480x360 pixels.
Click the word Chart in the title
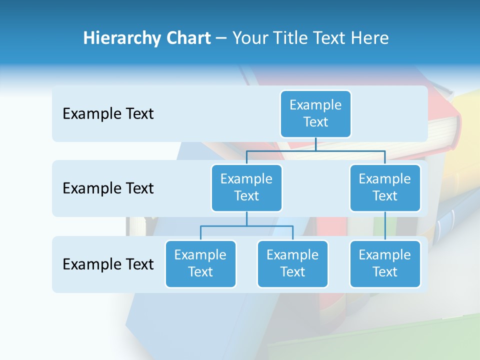point(188,38)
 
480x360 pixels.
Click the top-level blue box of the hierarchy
point(315,113)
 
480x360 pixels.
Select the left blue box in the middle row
point(246,187)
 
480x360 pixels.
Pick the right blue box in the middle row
point(385,187)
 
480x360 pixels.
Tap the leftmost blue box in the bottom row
point(200,263)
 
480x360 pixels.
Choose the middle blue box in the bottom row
point(292,263)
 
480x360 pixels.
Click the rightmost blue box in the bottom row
point(385,263)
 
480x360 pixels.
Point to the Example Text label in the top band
point(108,114)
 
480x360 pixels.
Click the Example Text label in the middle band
point(108,188)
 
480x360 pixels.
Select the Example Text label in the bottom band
point(108,264)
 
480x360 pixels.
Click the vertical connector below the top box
point(315,143)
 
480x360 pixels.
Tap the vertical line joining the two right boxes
point(385,226)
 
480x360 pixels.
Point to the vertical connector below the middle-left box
point(246,218)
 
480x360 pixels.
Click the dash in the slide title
point(221,38)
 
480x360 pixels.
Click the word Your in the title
point(250,38)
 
